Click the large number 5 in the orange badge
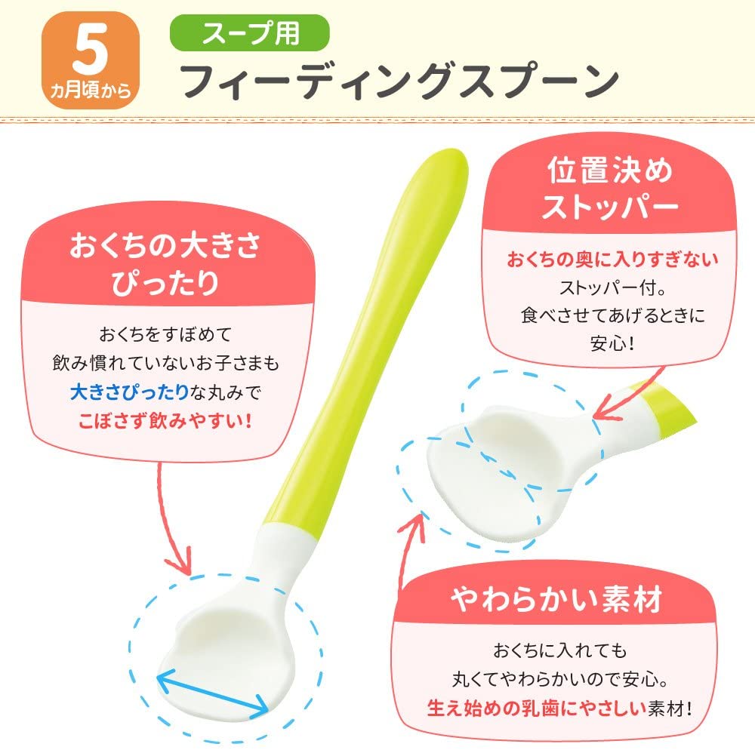tap(90, 50)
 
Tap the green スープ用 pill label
tap(250, 32)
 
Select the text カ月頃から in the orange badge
tap(91, 90)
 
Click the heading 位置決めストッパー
tap(610, 188)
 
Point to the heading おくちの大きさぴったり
tap(165, 263)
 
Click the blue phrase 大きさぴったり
tap(129, 392)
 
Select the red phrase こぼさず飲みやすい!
tap(165, 421)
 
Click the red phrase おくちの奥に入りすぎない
tap(612, 260)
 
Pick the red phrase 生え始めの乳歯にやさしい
tap(536, 708)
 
